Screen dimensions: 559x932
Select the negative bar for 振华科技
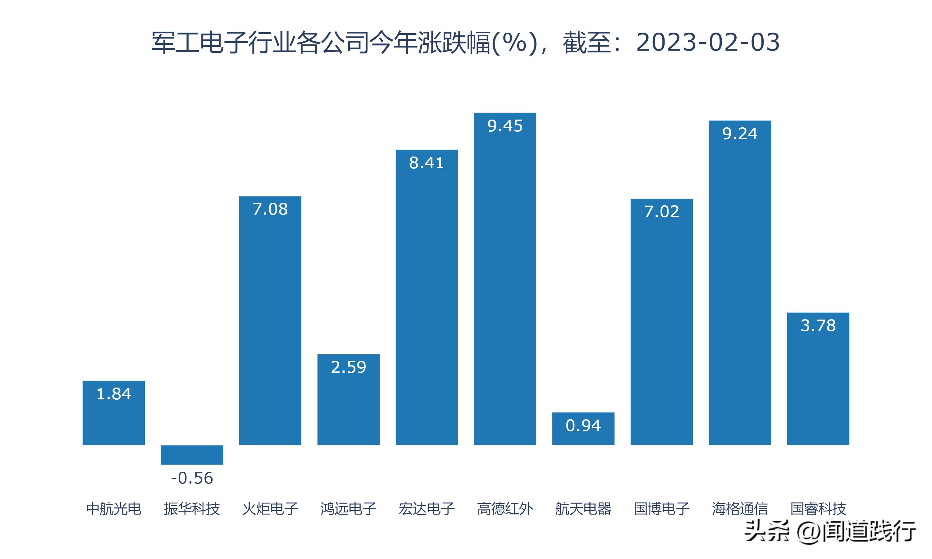(x=192, y=455)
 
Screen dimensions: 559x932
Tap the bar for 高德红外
(x=505, y=286)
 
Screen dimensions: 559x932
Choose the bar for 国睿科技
(x=818, y=384)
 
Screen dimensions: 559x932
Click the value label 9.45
(x=505, y=126)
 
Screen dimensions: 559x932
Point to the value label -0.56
(x=192, y=478)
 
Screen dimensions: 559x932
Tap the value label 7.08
(x=270, y=209)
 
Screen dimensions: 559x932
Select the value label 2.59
(x=349, y=367)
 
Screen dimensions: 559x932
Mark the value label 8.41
(x=427, y=163)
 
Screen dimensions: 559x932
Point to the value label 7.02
(x=661, y=211)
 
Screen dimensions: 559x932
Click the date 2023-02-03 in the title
(x=708, y=42)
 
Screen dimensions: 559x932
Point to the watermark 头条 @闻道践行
(x=830, y=531)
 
